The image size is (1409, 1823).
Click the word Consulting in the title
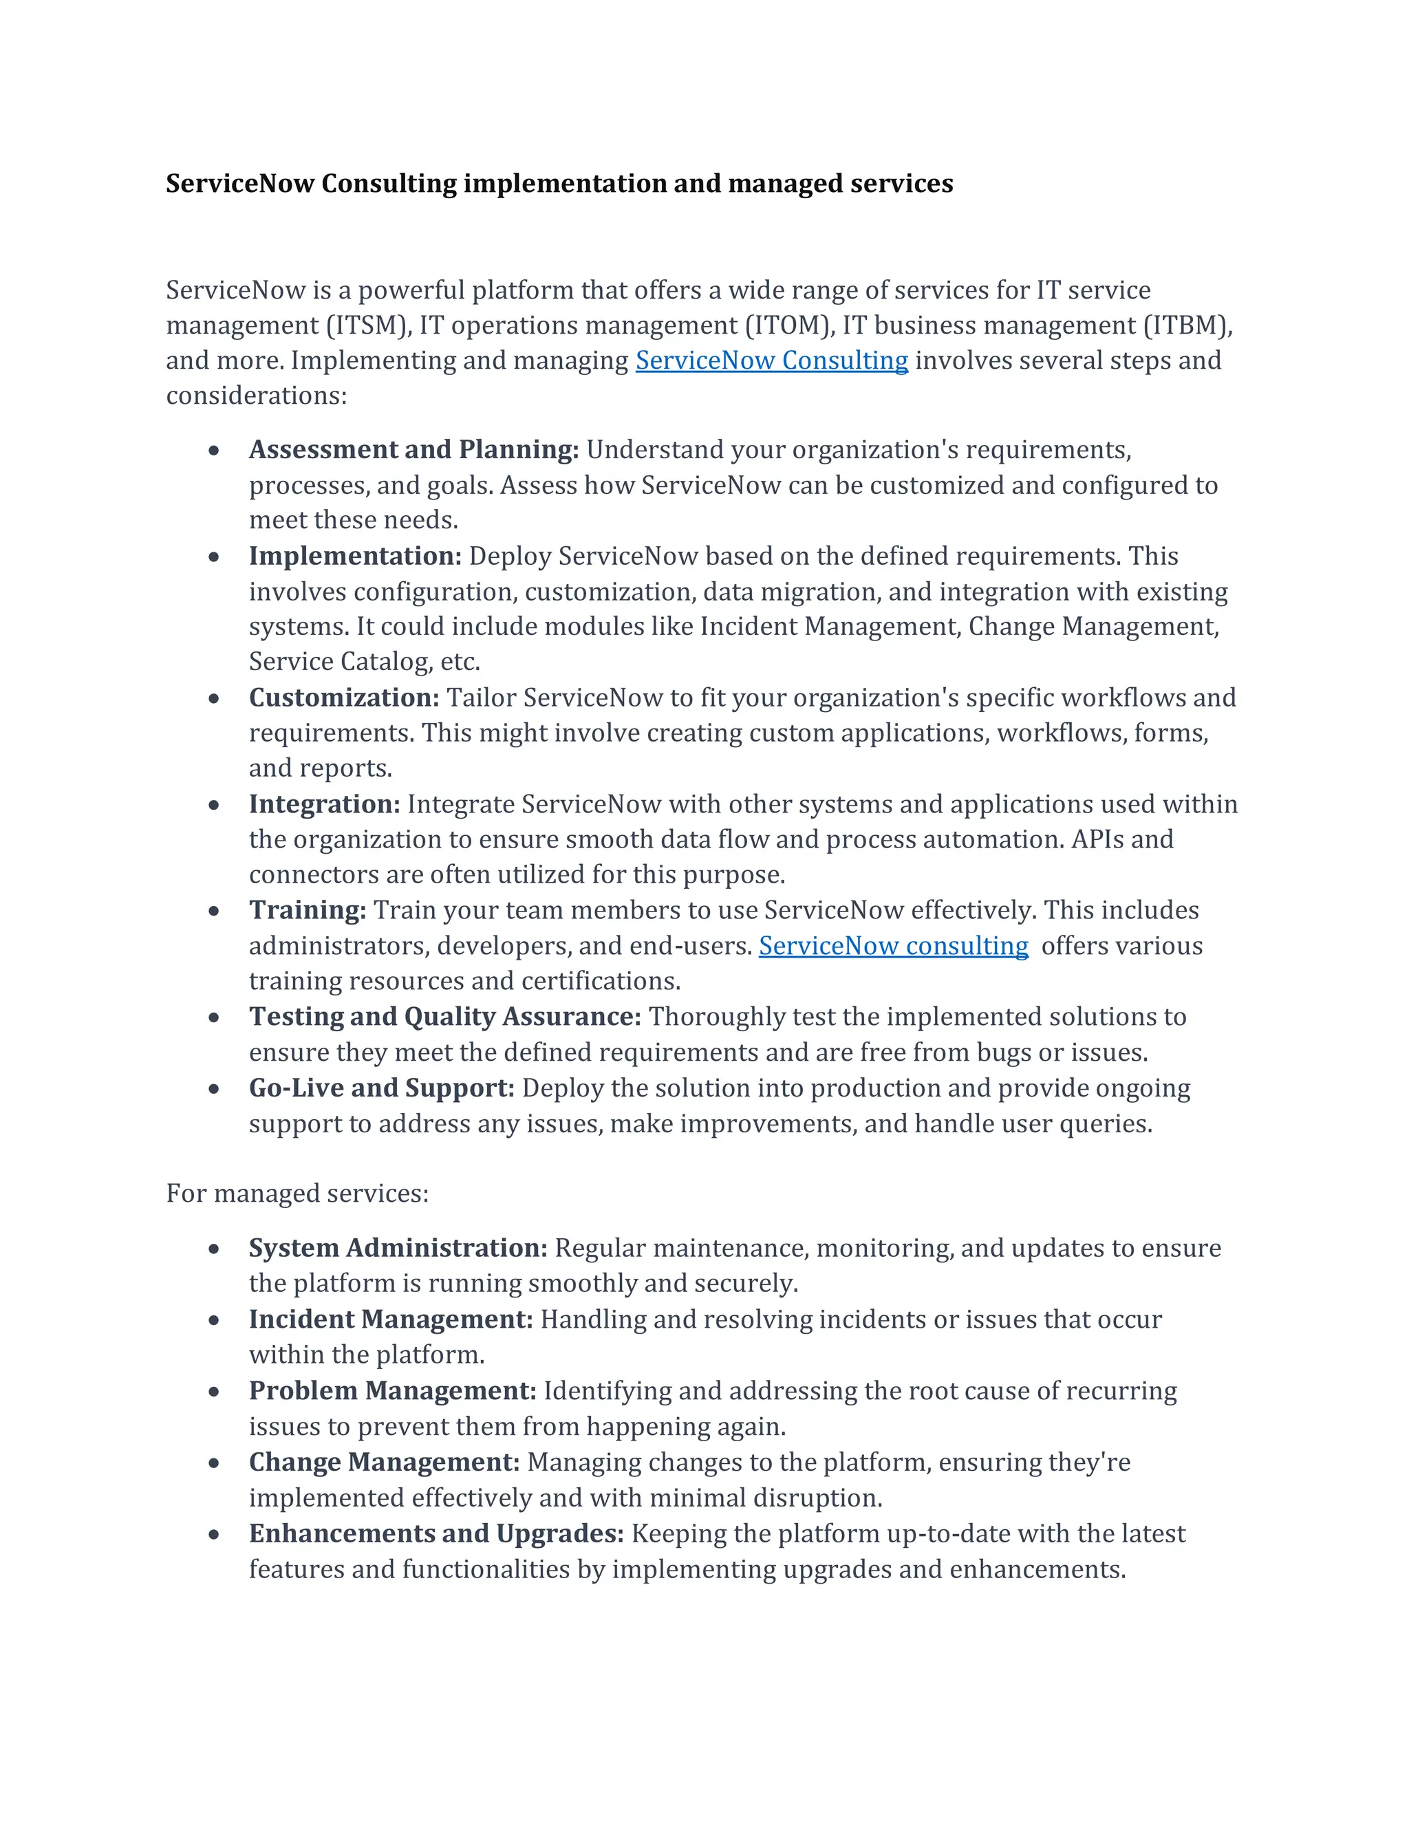point(388,184)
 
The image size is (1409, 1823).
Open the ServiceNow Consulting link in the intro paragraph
point(771,360)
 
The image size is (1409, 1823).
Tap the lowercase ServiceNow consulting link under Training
point(893,946)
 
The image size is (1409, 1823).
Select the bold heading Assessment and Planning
point(413,450)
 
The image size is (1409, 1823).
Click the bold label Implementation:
point(355,556)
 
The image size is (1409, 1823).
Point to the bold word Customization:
point(344,698)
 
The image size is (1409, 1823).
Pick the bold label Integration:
point(324,803)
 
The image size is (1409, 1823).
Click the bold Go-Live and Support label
point(381,1088)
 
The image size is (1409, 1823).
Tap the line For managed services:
point(297,1194)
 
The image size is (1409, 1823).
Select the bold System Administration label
point(398,1248)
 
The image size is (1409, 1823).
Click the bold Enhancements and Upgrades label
point(435,1533)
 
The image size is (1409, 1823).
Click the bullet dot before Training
point(215,911)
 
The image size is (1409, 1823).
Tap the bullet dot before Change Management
point(215,1463)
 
